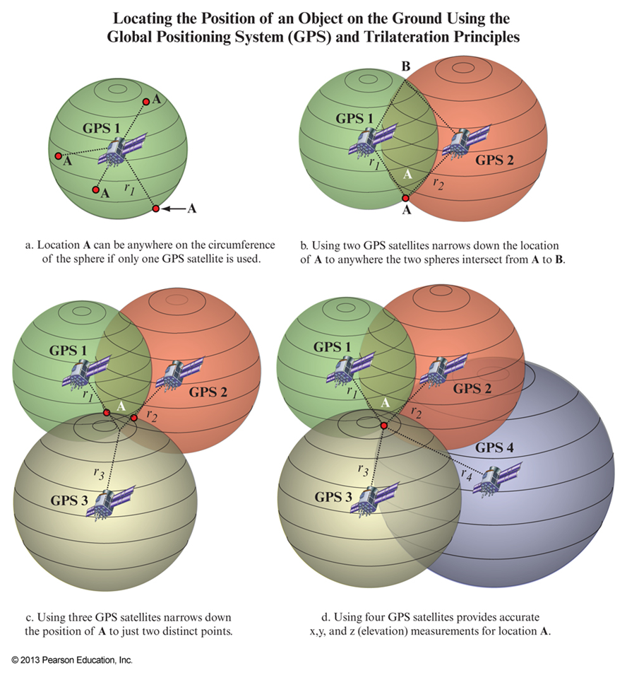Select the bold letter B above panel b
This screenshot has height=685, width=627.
pyautogui.click(x=406, y=67)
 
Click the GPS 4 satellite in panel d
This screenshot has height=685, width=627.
pyautogui.click(x=497, y=479)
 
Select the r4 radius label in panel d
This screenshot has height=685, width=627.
pyautogui.click(x=465, y=475)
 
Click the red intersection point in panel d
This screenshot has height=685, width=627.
pyautogui.click(x=383, y=426)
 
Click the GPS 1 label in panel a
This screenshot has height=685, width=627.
pyautogui.click(x=103, y=129)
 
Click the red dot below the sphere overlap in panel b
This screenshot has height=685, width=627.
pyautogui.click(x=405, y=199)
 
